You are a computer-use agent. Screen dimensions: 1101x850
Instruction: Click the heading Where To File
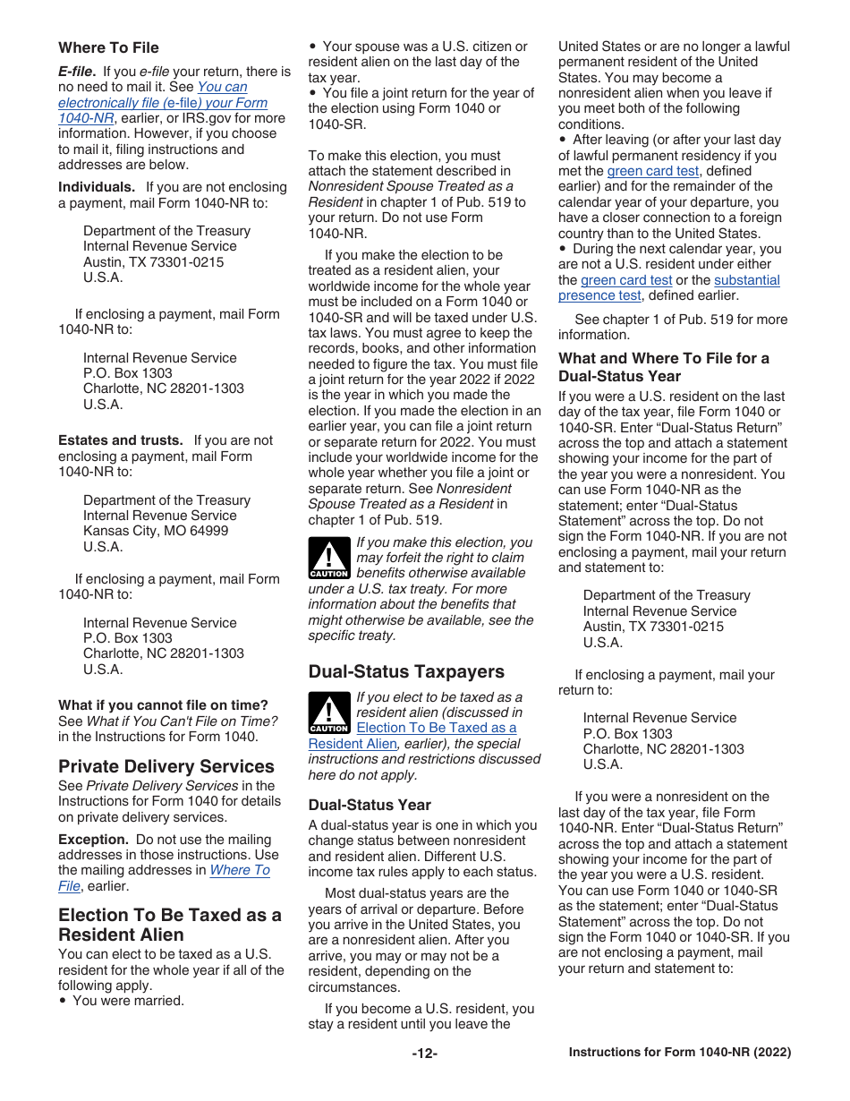pyautogui.click(x=108, y=47)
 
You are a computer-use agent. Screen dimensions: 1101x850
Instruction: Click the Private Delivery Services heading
pyautogui.click(x=166, y=766)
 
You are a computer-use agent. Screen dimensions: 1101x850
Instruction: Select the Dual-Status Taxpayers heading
pyautogui.click(x=406, y=671)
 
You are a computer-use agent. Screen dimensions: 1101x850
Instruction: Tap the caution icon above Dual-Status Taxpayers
pyautogui.click(x=328, y=558)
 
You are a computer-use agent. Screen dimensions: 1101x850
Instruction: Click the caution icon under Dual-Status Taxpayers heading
pyautogui.click(x=328, y=713)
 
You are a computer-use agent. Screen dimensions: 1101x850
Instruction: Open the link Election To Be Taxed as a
pyautogui.click(x=436, y=728)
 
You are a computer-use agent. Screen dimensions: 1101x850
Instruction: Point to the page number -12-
pyautogui.click(x=424, y=1054)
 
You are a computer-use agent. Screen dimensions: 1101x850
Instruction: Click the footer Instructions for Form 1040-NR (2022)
pyautogui.click(x=680, y=1053)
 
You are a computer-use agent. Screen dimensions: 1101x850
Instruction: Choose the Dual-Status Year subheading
pyautogui.click(x=370, y=805)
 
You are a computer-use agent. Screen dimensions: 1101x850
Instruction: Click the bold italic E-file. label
pyautogui.click(x=77, y=72)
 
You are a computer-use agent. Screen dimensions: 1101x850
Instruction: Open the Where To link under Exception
pyautogui.click(x=239, y=870)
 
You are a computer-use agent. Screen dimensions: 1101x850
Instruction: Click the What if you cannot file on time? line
pyautogui.click(x=163, y=705)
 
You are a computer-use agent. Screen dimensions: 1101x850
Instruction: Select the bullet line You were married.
pyautogui.click(x=128, y=1001)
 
